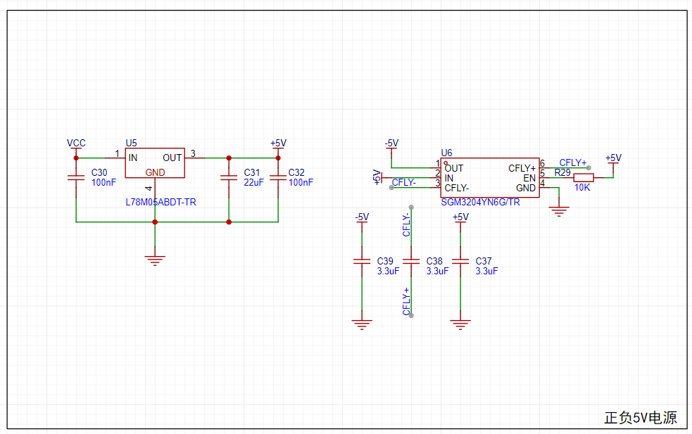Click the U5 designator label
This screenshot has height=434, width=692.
pyautogui.click(x=131, y=143)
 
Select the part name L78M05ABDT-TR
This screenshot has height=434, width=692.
pyautogui.click(x=161, y=202)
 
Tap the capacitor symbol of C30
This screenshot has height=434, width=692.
pyautogui.click(x=76, y=178)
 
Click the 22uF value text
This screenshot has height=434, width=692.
pyautogui.click(x=253, y=182)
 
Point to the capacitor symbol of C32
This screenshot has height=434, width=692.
pyautogui.click(x=278, y=178)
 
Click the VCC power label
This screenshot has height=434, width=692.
pyautogui.click(x=76, y=143)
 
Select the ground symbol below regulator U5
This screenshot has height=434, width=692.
pyautogui.click(x=155, y=261)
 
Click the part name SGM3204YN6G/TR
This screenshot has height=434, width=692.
pyautogui.click(x=480, y=202)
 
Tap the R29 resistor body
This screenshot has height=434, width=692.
pyautogui.click(x=584, y=178)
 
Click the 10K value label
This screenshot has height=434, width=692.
pyautogui.click(x=582, y=187)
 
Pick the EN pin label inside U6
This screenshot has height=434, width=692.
pyautogui.click(x=529, y=178)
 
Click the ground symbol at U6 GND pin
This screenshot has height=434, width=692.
pyautogui.click(x=559, y=212)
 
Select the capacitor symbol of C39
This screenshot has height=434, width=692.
pyautogui.click(x=362, y=261)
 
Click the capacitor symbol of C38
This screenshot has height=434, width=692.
pyautogui.click(x=411, y=261)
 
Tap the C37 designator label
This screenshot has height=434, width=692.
pyautogui.click(x=484, y=261)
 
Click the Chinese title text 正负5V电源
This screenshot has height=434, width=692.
pyautogui.click(x=641, y=418)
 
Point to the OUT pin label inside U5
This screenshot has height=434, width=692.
pyautogui.click(x=172, y=158)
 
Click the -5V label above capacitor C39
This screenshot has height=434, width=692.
pyautogui.click(x=362, y=217)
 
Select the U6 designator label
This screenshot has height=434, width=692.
pyautogui.click(x=446, y=153)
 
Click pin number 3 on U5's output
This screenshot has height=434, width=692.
pyautogui.click(x=193, y=153)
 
